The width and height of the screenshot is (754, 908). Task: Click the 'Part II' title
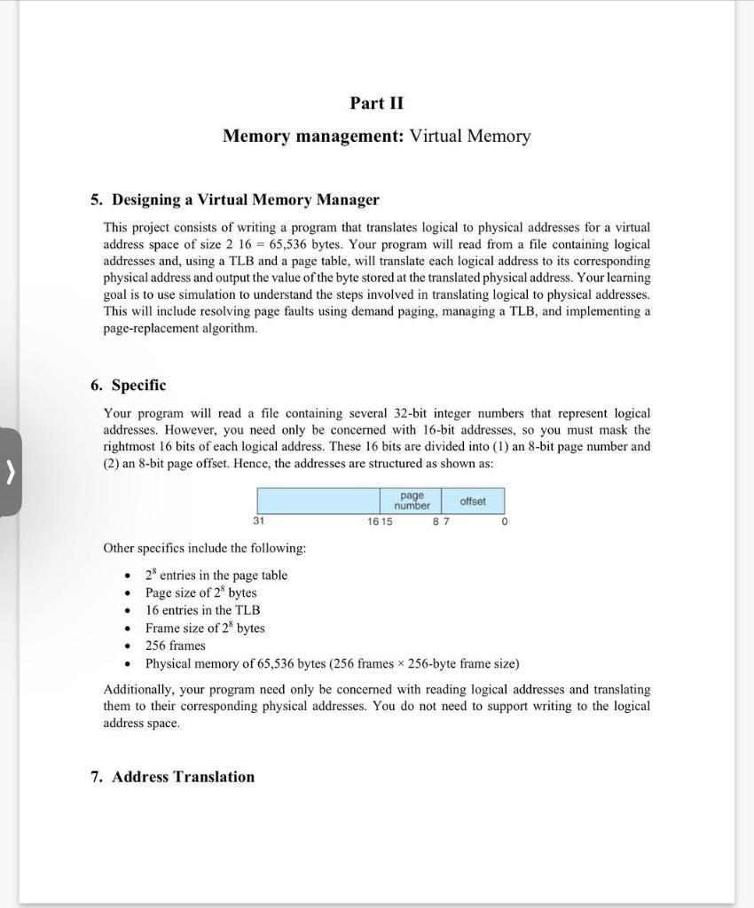[376, 103]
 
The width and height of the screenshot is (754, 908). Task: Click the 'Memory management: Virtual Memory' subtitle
[376, 136]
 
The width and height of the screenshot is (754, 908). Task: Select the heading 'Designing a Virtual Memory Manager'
[245, 200]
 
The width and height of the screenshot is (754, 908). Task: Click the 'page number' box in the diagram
[412, 501]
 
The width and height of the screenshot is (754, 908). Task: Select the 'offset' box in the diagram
[473, 501]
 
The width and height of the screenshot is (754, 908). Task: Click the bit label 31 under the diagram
[258, 522]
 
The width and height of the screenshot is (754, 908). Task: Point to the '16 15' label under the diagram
[380, 522]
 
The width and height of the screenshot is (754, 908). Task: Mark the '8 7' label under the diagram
[441, 522]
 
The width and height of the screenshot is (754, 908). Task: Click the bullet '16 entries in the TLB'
[202, 610]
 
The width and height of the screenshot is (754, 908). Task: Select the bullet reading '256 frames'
[175, 646]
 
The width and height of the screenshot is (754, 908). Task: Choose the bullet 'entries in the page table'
[216, 575]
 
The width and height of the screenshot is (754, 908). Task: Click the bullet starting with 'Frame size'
[205, 628]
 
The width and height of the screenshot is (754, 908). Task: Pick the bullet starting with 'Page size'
[200, 592]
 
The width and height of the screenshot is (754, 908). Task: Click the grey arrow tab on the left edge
[10, 473]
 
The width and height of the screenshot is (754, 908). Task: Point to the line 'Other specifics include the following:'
[205, 548]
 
